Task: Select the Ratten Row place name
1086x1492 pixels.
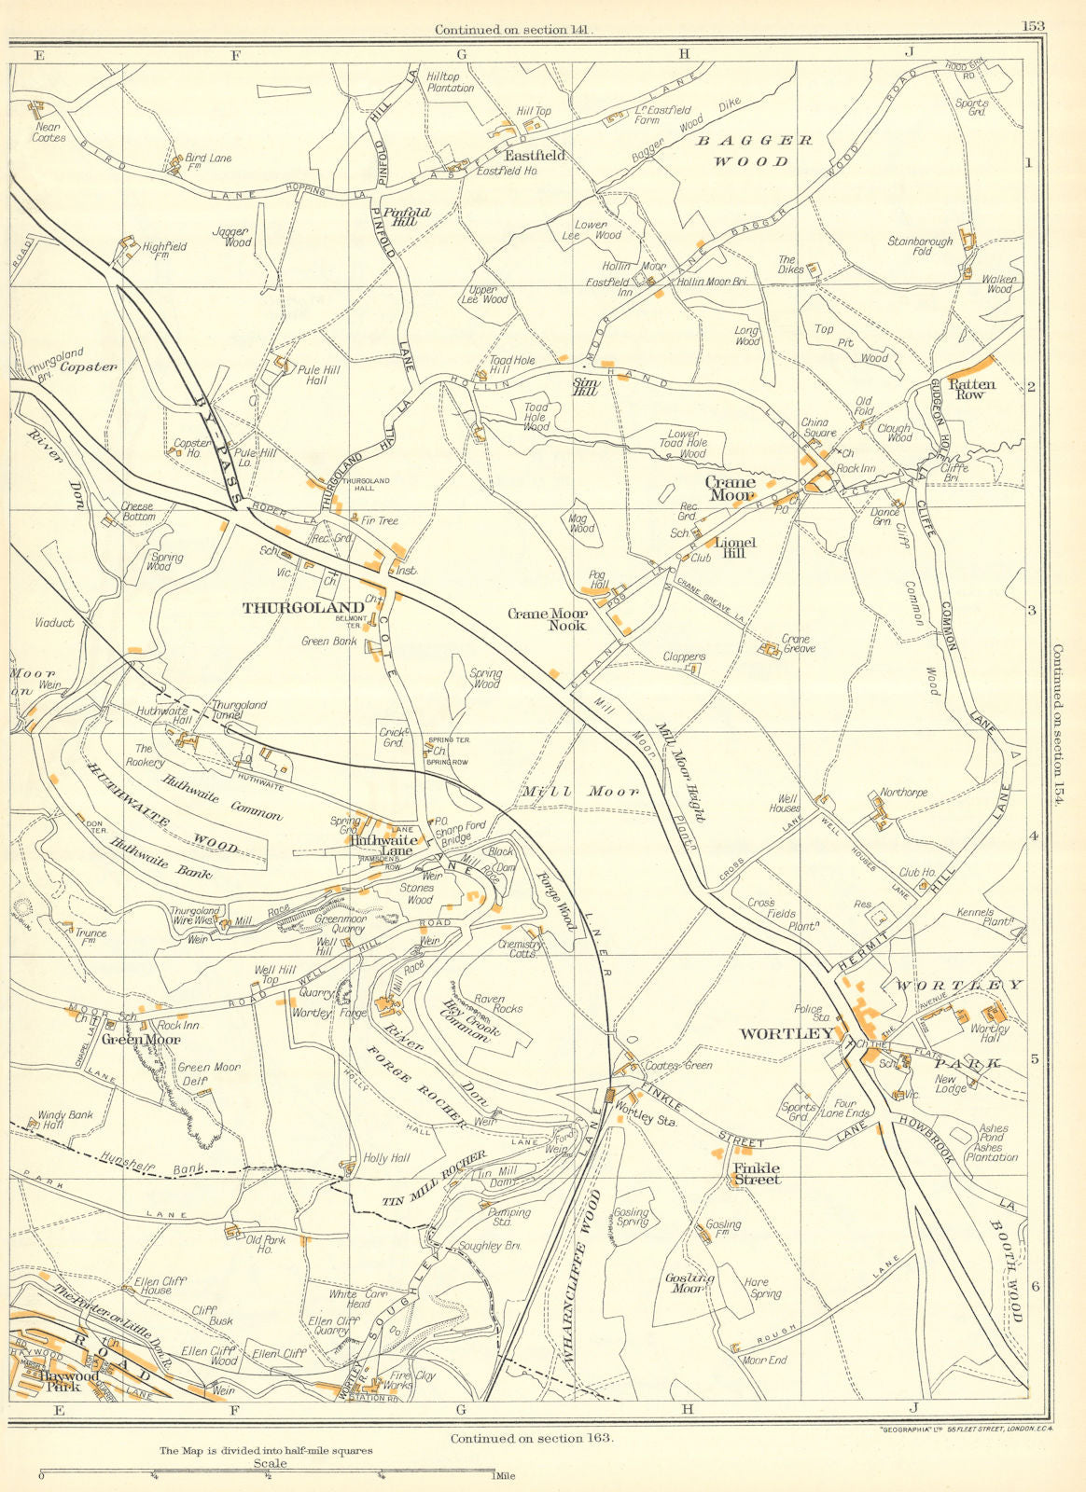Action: pyautogui.click(x=972, y=389)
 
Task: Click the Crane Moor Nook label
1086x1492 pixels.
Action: pyautogui.click(x=547, y=620)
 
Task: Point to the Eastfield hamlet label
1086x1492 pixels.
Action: pyautogui.click(x=535, y=157)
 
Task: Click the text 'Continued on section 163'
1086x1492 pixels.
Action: pyautogui.click(x=532, y=1438)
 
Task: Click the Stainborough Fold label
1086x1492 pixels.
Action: pyautogui.click(x=920, y=246)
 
